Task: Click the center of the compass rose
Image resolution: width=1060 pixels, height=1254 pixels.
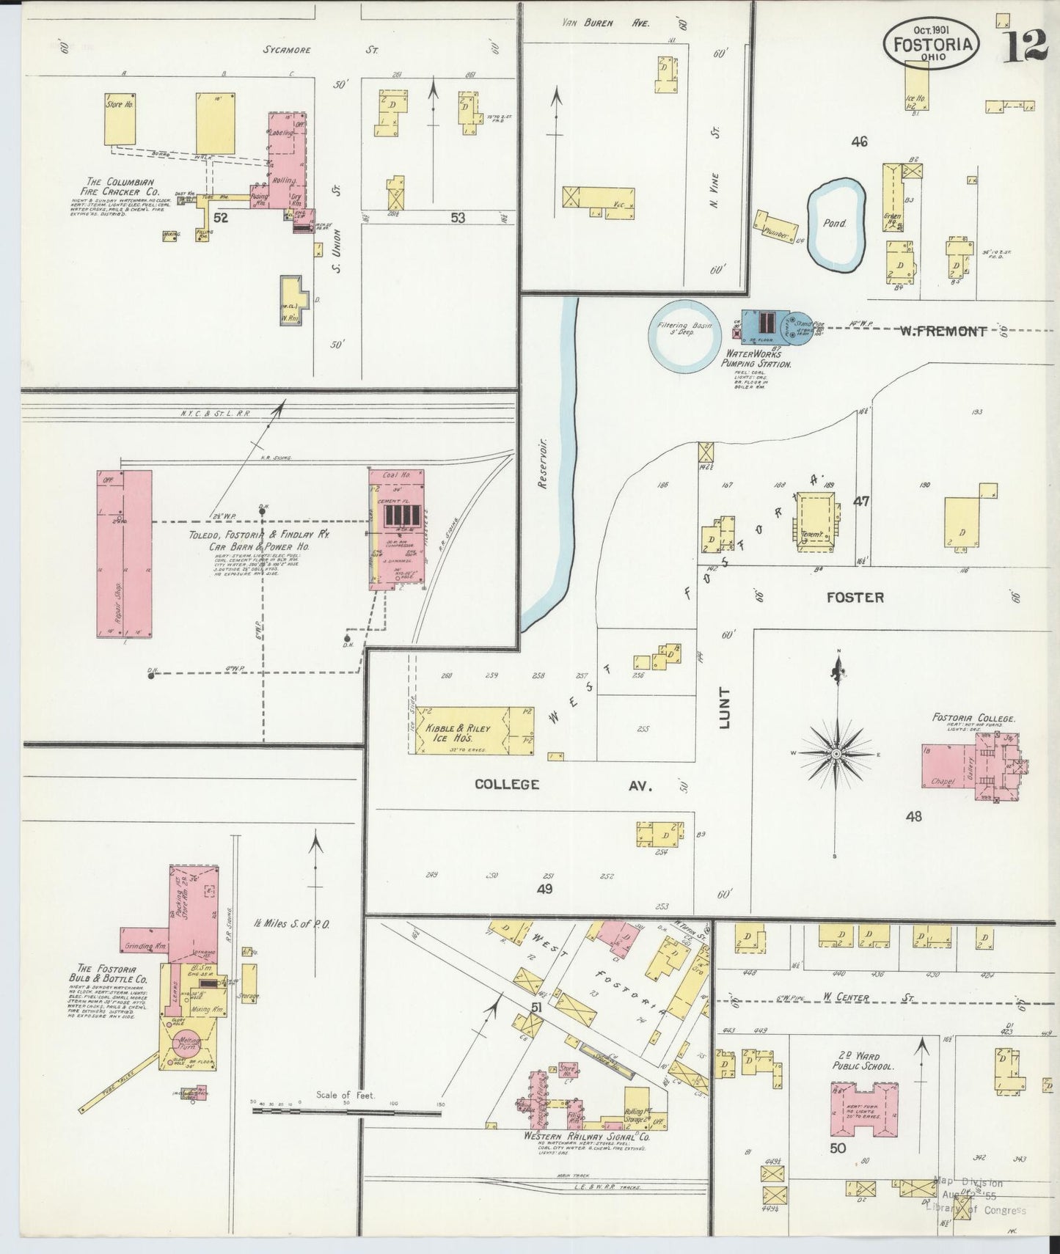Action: pyautogui.click(x=836, y=753)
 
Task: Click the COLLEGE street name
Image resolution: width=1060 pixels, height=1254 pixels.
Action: pyautogui.click(x=506, y=784)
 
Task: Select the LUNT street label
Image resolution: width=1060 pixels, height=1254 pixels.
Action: pyautogui.click(x=725, y=707)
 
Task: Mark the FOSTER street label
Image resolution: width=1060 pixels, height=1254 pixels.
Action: pyautogui.click(x=855, y=597)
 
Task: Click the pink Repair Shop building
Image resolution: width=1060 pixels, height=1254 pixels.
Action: pyautogui.click(x=124, y=554)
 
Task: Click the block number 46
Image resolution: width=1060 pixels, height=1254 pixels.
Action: pyautogui.click(x=858, y=141)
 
